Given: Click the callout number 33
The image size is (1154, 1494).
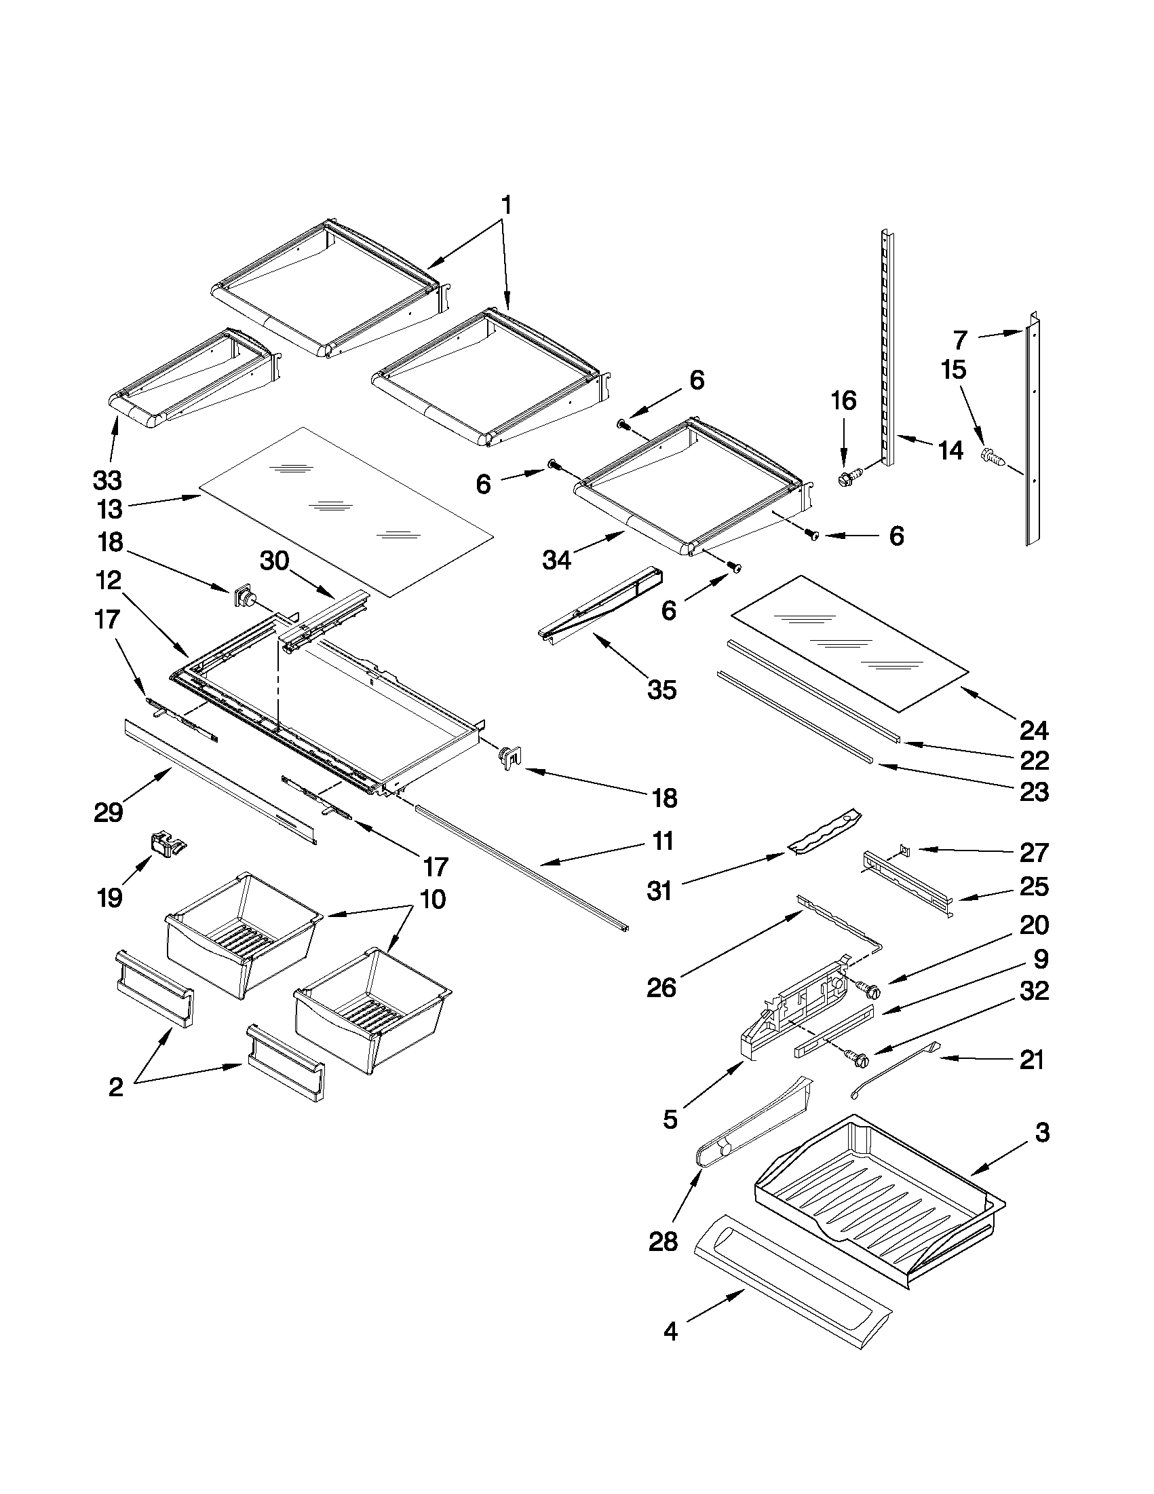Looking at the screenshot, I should point(107,481).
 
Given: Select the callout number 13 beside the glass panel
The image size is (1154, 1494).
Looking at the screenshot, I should point(109,509).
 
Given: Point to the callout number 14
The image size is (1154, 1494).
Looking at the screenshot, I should point(950,450).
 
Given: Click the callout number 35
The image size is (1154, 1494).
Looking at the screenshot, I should point(661,690).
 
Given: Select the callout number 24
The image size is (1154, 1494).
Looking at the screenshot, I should point(1033,731).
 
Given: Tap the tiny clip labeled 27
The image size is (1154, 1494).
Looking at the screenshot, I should point(904,851).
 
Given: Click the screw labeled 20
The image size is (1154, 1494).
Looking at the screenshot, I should point(868,988).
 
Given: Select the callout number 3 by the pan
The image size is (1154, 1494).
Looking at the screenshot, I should point(1041,1133).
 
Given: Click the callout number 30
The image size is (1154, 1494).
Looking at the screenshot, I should point(274,561).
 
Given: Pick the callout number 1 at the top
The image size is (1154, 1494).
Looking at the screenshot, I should point(505,204).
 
